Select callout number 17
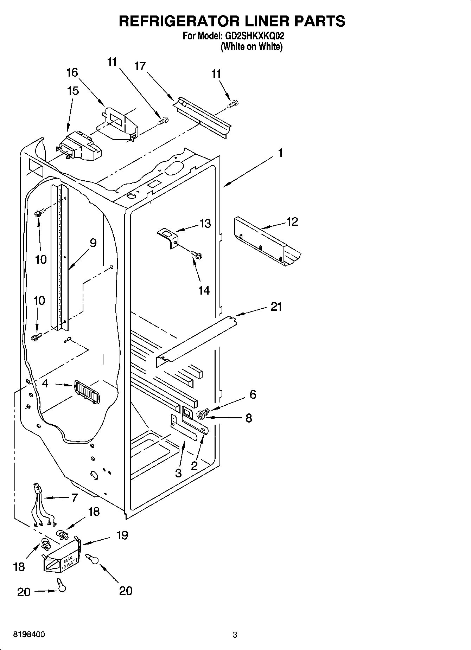[x=140, y=66]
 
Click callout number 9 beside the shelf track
[x=93, y=243]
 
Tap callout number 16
[x=72, y=72]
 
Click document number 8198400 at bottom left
[x=29, y=635]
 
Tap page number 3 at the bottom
[x=235, y=635]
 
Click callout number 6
[x=253, y=394]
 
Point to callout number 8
[x=249, y=418]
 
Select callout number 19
[x=122, y=535]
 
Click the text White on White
[x=251, y=46]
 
